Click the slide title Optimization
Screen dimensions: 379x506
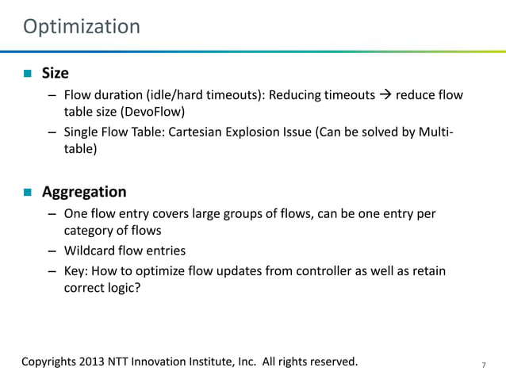(82, 27)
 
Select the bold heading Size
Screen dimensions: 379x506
(55, 74)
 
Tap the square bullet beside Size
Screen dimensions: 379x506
(26, 74)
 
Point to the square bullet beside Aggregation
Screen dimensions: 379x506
(26, 192)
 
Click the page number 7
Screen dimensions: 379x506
(484, 365)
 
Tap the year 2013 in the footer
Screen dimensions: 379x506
(93, 362)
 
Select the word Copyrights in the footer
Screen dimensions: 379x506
(48, 362)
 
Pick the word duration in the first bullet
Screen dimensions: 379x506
(118, 95)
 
